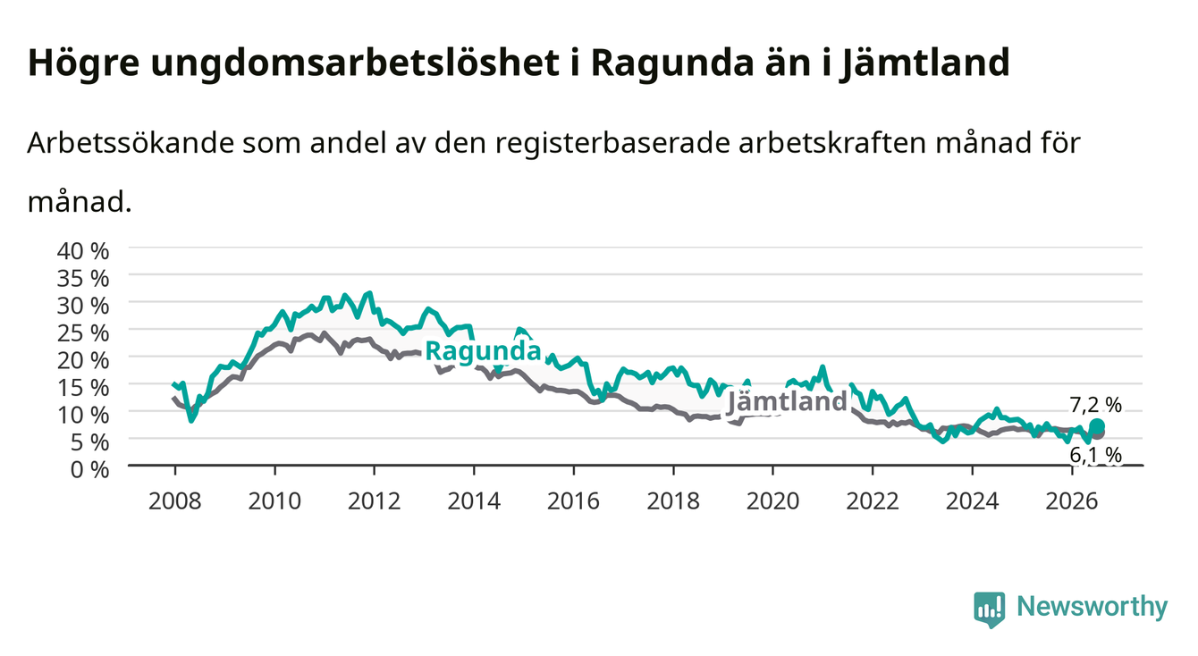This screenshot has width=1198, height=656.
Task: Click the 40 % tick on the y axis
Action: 83,251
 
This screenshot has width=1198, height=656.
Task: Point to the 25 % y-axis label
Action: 83,333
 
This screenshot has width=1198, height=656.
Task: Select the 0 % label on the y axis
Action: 89,469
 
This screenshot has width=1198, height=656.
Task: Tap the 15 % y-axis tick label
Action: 83,388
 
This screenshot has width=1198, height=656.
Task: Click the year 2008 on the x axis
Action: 175,501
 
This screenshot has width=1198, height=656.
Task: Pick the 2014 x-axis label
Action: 474,501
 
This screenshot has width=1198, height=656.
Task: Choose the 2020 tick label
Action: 772,501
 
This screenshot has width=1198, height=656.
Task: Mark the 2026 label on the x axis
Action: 1072,501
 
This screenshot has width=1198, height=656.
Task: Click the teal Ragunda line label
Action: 483,351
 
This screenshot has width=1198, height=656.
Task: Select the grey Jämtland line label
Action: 787,401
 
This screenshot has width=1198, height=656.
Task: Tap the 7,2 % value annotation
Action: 1095,405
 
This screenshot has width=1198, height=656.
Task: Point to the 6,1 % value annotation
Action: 1095,455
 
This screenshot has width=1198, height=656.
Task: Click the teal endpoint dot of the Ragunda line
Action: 1097,426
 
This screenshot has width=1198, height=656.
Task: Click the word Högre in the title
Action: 83,63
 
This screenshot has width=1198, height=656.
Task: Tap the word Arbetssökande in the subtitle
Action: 131,143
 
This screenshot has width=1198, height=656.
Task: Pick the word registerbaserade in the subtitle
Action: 612,143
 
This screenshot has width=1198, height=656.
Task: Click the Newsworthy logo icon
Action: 990,610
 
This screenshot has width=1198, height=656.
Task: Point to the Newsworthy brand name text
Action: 1093,606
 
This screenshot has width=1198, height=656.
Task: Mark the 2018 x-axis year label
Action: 673,501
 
